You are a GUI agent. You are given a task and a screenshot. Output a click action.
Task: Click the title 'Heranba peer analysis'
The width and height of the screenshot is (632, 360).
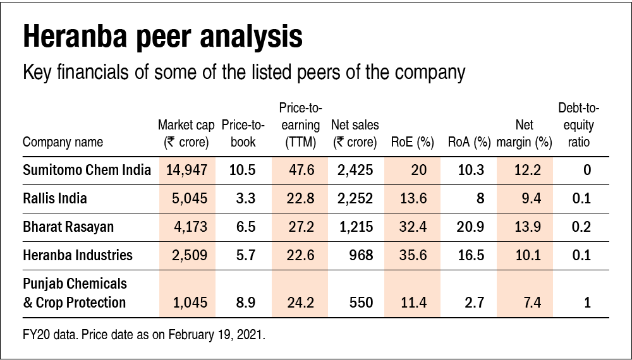[162, 37]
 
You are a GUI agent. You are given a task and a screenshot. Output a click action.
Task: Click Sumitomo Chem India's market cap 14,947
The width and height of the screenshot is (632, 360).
[187, 171]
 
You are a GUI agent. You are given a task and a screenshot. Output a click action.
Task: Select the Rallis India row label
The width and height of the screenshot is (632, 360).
[55, 199]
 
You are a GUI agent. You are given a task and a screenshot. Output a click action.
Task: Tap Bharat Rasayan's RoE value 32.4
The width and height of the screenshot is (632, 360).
[413, 227]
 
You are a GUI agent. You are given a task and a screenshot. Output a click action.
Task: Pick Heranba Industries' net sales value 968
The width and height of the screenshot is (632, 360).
[362, 256]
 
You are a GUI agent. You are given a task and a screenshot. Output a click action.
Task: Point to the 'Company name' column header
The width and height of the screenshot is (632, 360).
[63, 142]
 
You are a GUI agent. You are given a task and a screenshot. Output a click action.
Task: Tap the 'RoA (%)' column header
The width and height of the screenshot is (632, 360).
[469, 142]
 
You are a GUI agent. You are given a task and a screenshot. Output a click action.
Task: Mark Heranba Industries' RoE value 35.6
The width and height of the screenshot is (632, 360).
[413, 256]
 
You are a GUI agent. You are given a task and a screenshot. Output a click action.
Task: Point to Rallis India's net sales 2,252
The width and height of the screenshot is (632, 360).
[356, 199]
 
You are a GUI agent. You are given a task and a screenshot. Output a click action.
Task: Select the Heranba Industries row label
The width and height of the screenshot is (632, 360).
[78, 256]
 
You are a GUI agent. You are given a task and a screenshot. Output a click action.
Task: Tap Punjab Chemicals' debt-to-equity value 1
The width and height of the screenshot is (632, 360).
[587, 303]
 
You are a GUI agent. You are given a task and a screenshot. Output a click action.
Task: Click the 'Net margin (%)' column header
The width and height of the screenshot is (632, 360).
[524, 134]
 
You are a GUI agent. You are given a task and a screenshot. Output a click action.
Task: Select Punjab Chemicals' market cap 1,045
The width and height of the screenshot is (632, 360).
[190, 303]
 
